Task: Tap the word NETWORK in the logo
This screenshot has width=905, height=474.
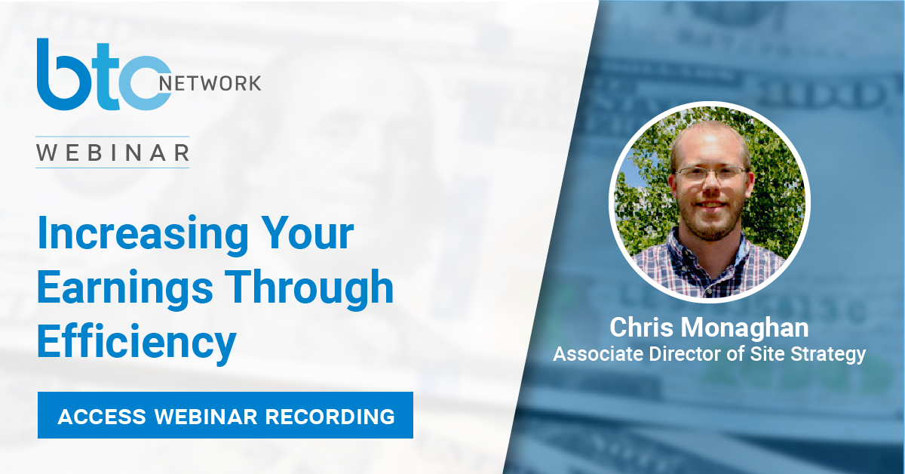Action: (x=210, y=83)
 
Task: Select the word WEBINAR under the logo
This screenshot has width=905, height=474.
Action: (x=112, y=152)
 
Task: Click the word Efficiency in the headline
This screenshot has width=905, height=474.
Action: (x=137, y=342)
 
